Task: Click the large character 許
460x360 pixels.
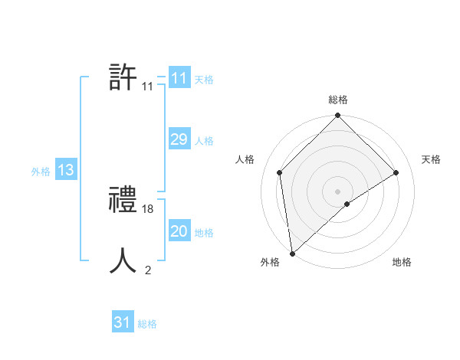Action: [123, 77]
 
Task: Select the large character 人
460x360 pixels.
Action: [123, 260]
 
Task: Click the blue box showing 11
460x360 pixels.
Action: [179, 78]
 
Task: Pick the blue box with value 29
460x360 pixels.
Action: [179, 139]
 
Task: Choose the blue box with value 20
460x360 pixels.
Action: [179, 231]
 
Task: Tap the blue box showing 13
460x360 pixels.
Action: [65, 170]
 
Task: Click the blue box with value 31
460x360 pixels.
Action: [123, 322]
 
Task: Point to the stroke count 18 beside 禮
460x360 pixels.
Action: [148, 208]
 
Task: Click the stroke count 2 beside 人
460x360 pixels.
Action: [148, 270]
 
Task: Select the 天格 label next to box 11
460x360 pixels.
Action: [204, 80]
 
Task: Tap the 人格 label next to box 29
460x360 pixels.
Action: [204, 141]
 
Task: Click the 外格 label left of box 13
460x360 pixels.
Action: [41, 172]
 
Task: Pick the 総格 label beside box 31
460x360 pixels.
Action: [147, 324]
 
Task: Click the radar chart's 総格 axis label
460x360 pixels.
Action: [338, 100]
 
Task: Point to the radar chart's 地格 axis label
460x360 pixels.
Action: [402, 262]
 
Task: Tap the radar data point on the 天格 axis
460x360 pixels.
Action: [396, 172]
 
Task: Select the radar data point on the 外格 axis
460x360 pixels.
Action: [292, 254]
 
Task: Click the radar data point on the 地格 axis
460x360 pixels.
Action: [347, 204]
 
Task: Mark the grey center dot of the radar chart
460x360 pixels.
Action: [338, 191]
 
